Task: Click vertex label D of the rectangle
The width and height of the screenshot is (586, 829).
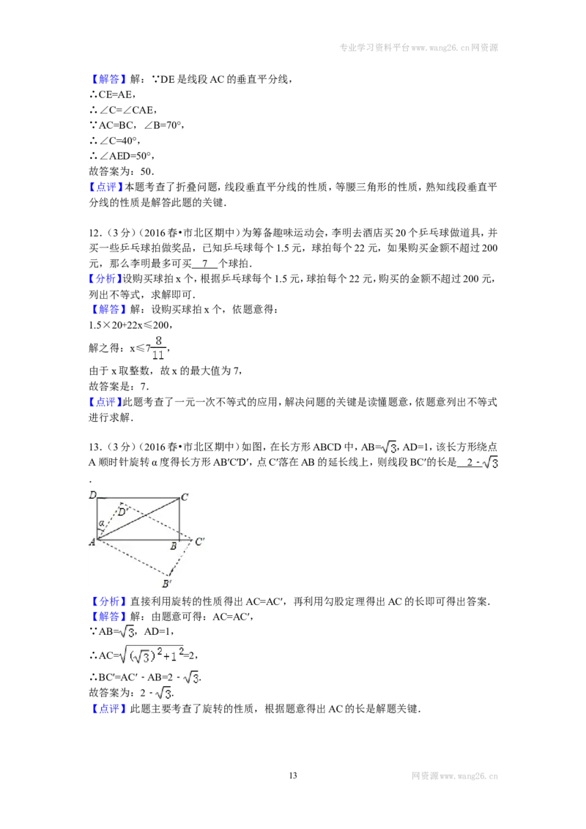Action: pos(92,495)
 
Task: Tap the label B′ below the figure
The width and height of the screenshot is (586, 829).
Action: pos(166,583)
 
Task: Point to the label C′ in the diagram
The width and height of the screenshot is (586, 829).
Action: pos(199,541)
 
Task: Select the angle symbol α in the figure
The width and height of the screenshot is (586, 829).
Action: pos(101,524)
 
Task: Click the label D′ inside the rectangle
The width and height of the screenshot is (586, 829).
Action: pos(122,511)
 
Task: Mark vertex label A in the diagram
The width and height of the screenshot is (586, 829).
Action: pos(92,541)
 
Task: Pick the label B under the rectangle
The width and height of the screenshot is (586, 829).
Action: pos(173,546)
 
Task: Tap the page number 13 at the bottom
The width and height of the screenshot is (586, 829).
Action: pos(293,775)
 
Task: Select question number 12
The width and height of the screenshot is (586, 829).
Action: pos(94,233)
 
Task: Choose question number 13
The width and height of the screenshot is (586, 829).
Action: pos(94,447)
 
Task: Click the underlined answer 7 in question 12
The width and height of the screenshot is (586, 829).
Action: pos(204,264)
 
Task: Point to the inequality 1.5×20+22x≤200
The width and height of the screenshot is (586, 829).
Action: pos(130,325)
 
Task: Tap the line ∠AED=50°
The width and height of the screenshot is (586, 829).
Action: pos(122,156)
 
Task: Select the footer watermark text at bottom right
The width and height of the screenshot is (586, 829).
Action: pos(455,776)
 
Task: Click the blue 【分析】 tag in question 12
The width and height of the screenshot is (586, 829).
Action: pos(105,278)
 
